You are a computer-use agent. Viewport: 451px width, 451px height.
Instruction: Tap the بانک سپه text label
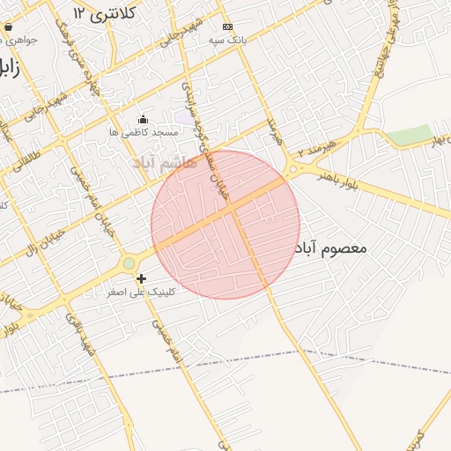coord(227,41)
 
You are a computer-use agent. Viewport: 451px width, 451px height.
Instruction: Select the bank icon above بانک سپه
coord(227,27)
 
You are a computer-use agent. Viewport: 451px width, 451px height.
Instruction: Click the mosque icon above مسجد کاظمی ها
coord(144,119)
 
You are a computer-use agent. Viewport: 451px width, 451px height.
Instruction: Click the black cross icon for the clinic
coord(141,278)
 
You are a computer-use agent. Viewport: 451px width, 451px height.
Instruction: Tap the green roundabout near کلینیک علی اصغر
coord(129,262)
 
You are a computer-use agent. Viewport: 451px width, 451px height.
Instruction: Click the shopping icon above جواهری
coord(9,27)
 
